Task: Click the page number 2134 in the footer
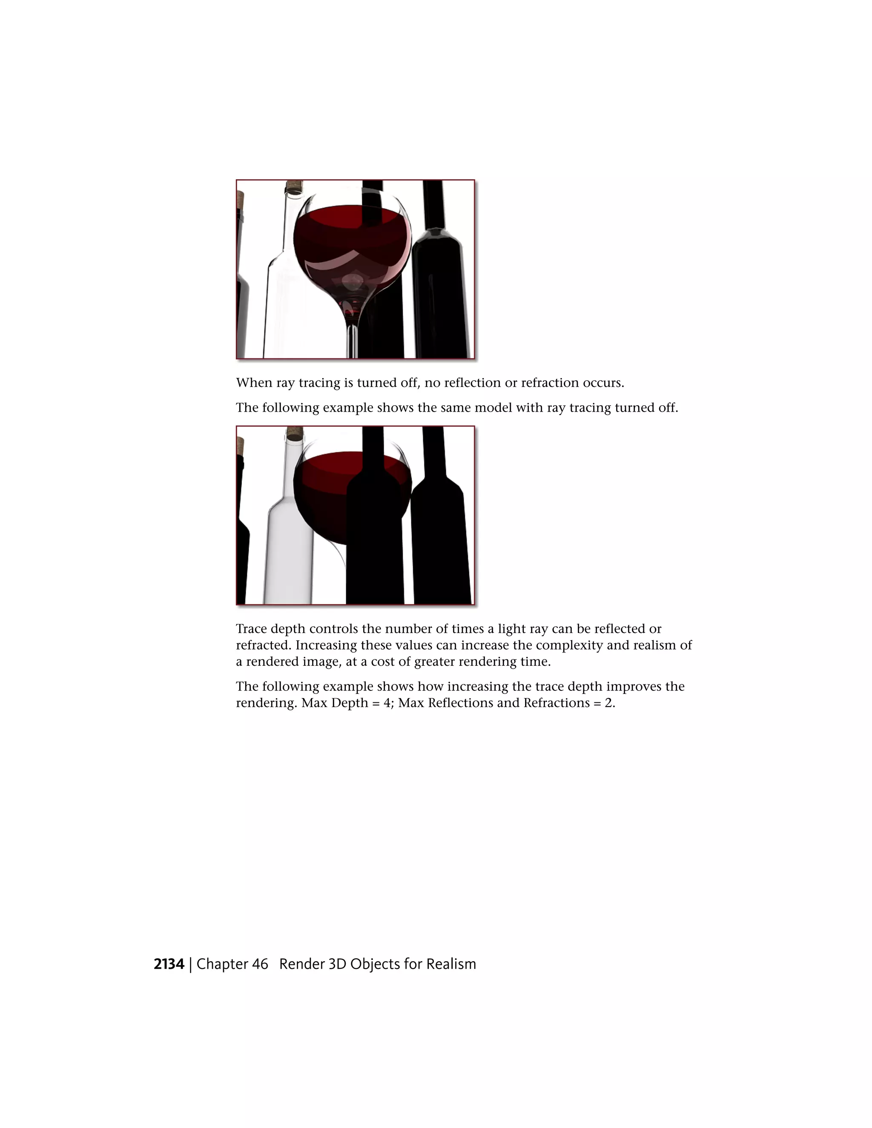point(169,964)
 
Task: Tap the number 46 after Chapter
point(260,964)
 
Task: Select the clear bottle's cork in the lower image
point(295,432)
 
